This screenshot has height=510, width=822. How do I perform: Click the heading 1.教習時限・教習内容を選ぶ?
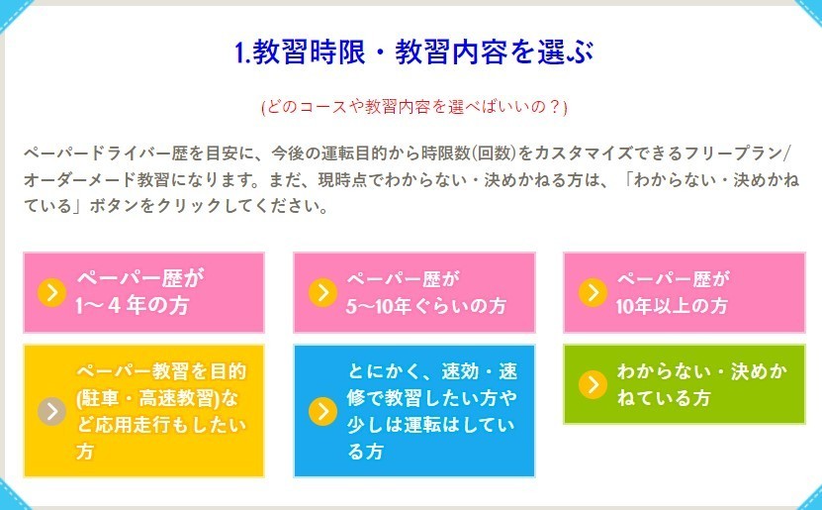point(414,52)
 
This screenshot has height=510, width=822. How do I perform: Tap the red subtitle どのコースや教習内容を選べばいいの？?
point(414,107)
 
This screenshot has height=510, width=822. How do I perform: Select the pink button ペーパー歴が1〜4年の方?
point(143,292)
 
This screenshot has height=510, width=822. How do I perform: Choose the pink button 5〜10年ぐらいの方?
point(414,292)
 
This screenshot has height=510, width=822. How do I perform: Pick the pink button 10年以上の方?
point(685,292)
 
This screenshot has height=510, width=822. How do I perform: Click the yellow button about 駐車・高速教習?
point(143,411)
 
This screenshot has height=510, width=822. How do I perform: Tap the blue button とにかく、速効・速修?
point(414,411)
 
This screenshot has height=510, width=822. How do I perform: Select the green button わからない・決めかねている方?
point(685,384)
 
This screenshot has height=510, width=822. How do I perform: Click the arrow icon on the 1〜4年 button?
point(51,292)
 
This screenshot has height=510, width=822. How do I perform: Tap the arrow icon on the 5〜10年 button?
point(322,292)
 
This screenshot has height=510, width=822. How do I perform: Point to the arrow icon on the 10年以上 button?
point(593,292)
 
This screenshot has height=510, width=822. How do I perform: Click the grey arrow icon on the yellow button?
point(51,411)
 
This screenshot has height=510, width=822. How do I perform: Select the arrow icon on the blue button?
point(322,411)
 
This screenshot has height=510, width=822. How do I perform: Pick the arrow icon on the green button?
point(593,384)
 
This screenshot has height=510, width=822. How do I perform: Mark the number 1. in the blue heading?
point(242,53)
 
